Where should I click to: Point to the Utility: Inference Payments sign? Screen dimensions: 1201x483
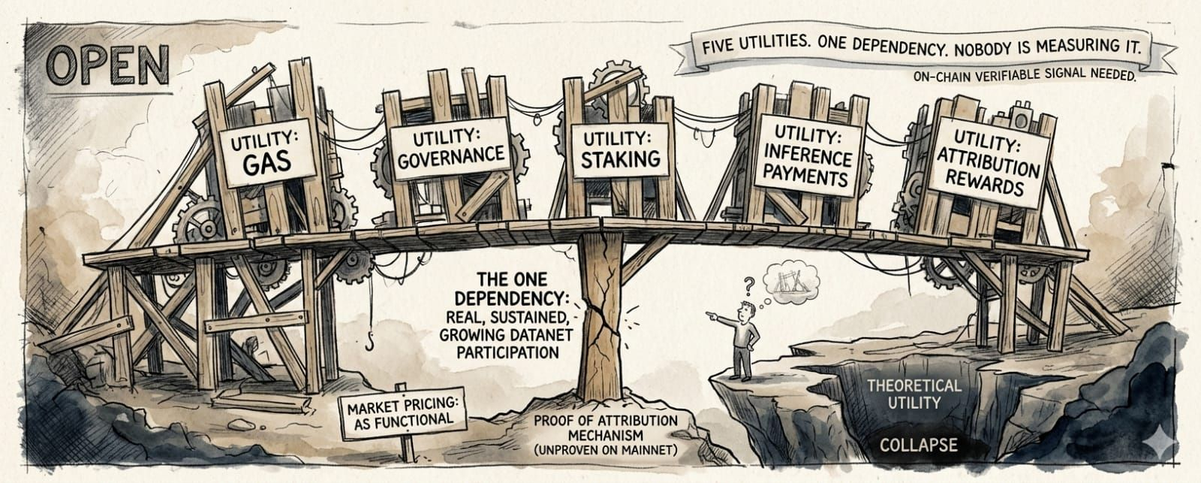click(806, 155)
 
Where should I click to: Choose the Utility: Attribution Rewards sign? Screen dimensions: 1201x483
click(988, 162)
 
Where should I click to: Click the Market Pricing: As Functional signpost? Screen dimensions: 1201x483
click(403, 413)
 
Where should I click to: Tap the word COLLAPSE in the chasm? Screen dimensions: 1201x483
click(919, 445)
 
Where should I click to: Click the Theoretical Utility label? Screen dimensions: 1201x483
click(914, 394)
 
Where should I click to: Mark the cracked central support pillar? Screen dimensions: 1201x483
click(600, 317)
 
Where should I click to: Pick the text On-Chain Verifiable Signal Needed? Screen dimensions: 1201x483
click(1025, 74)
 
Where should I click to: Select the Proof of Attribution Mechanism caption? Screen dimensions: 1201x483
click(605, 435)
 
